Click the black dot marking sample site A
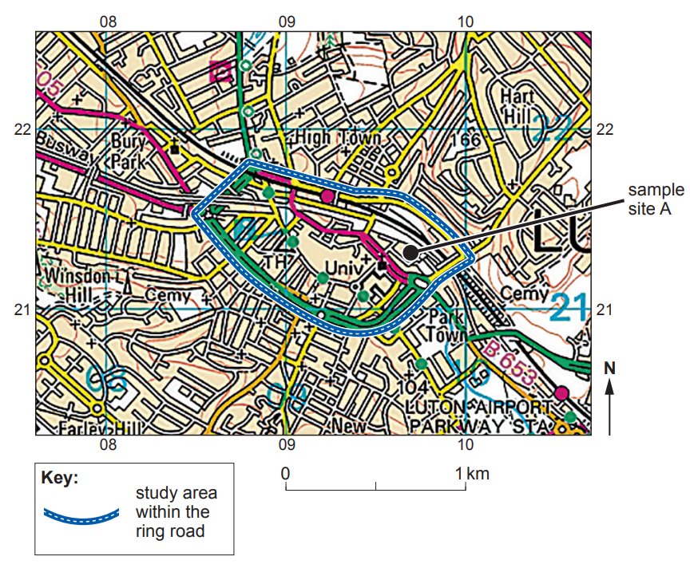[x=410, y=252]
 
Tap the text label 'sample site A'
[x=656, y=200]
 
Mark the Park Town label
[x=446, y=326]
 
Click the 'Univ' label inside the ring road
[x=340, y=266]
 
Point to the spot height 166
[x=466, y=140]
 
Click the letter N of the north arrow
[x=610, y=369]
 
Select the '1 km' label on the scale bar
[x=472, y=474]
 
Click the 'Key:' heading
[x=59, y=479]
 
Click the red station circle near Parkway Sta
[x=561, y=392]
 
